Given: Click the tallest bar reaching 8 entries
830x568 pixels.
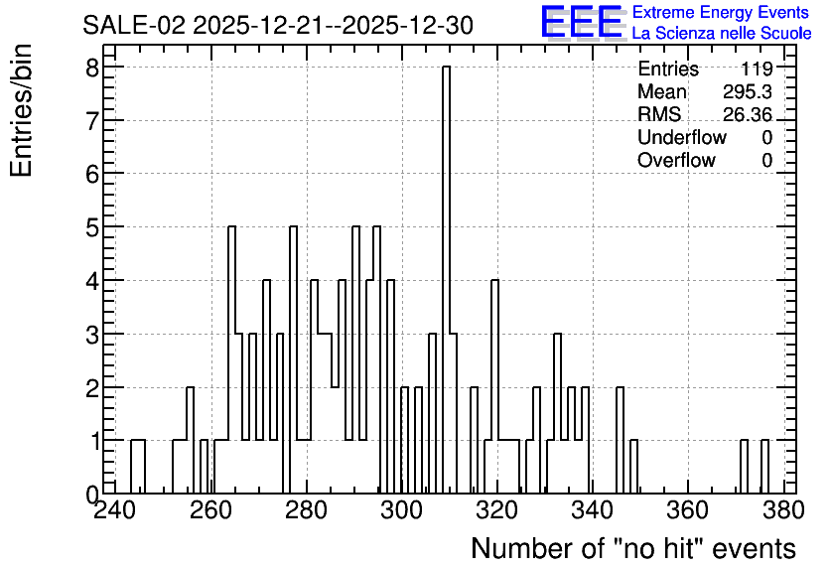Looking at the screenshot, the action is (446, 280).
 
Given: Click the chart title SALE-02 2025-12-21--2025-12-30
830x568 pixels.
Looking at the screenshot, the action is (278, 26).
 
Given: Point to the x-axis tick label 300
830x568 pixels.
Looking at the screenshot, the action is (401, 510).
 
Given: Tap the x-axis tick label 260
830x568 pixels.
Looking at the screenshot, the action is (211, 510).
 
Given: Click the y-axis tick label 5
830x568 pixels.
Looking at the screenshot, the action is (93, 227).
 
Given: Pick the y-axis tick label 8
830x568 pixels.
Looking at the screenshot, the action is (93, 68).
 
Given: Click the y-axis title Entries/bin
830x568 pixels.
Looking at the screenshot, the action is (21, 110).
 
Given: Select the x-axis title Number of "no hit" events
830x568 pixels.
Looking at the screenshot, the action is (633, 548).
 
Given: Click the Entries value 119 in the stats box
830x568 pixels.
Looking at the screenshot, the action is (757, 69).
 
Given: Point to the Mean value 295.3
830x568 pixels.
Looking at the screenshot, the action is (748, 91).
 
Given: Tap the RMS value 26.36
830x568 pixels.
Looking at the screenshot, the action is (748, 114).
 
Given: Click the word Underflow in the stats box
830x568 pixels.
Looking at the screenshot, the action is (682, 137).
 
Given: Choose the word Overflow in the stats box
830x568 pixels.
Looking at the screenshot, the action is (676, 160).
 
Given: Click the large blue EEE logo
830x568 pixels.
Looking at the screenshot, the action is (582, 23).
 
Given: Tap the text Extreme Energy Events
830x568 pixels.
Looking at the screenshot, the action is (721, 12).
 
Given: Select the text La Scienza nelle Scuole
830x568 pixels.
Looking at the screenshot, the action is (722, 34).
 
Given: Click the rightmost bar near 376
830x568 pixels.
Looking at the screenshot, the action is (764, 467).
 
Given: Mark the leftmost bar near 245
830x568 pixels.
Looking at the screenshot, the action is (138, 467).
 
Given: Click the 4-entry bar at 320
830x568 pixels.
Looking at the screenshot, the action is (495, 387).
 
